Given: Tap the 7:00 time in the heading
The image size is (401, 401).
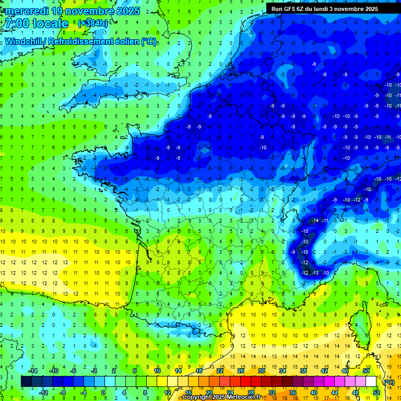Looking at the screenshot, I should (x=15, y=24).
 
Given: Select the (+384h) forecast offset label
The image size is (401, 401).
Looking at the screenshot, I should (x=93, y=23).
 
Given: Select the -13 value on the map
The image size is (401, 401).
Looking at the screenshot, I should (x=315, y=273).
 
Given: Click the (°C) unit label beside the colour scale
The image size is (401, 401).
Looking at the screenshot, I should (x=388, y=382).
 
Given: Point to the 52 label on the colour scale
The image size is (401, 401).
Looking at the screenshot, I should (x=376, y=392).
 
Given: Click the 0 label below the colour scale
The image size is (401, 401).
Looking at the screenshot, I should (x=103, y=392).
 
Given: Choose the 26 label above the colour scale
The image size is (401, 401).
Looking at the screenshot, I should (x=241, y=371).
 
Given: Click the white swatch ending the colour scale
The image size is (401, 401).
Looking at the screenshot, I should (x=371, y=382).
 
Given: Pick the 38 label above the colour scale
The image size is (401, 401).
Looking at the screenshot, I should (x=302, y=371).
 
